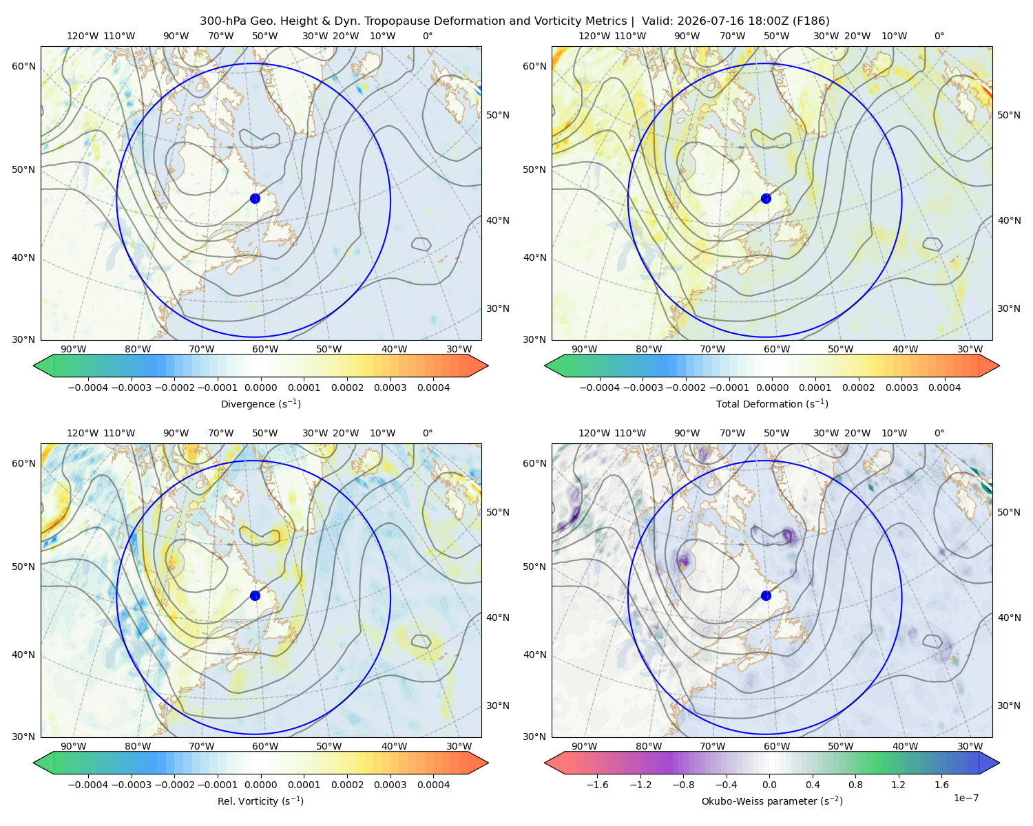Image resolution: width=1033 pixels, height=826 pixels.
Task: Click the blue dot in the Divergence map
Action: coord(255,199)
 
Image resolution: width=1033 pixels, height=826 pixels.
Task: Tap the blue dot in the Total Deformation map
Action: coord(766,199)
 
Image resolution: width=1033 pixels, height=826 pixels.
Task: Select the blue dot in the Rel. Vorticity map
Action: coord(255,595)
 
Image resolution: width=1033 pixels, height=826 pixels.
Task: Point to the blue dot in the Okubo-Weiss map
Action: coord(766,595)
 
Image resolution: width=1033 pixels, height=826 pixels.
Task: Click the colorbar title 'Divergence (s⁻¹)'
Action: coord(260,404)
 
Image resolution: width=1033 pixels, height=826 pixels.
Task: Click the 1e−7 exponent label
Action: coord(966,798)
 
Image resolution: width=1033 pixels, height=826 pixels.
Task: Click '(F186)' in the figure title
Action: coord(811,21)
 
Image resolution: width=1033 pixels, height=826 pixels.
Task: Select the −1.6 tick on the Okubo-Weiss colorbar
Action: coord(598,785)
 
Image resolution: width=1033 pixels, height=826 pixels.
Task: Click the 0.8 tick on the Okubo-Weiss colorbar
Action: coord(855,785)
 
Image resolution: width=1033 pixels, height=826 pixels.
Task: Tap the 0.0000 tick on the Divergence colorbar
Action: coord(260,388)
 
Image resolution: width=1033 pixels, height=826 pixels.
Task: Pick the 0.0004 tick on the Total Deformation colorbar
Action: coord(944,388)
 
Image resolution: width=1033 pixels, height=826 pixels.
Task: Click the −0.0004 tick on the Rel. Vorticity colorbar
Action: coord(88,785)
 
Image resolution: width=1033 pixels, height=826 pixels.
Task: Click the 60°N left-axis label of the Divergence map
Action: coord(23,66)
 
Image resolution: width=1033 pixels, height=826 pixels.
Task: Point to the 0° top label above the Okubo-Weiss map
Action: coord(939,433)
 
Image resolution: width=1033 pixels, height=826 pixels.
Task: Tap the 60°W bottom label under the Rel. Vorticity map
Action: coord(265,746)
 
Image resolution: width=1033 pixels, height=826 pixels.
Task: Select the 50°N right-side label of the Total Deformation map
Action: coord(1009,115)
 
